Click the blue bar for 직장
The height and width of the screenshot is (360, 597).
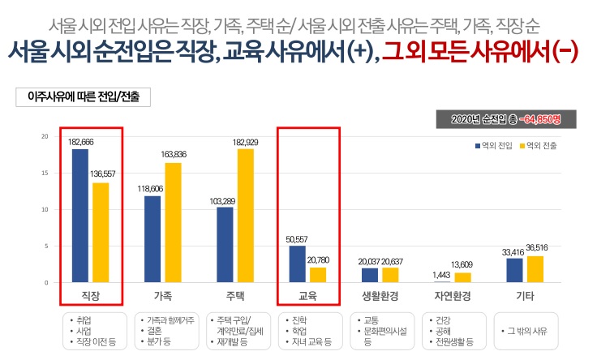[79, 216]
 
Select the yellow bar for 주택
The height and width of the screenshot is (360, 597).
[245, 216]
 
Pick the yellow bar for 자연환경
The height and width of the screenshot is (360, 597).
[463, 277]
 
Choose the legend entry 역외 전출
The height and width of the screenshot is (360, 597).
[539, 146]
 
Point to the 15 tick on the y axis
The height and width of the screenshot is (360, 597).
[45, 173]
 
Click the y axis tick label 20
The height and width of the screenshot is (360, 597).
[45, 135]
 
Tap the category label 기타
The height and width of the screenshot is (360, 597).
[525, 294]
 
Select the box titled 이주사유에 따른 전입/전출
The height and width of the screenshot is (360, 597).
[84, 96]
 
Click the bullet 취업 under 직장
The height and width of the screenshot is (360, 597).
[88, 319]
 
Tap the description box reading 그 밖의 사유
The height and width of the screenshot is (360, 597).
[525, 331]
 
